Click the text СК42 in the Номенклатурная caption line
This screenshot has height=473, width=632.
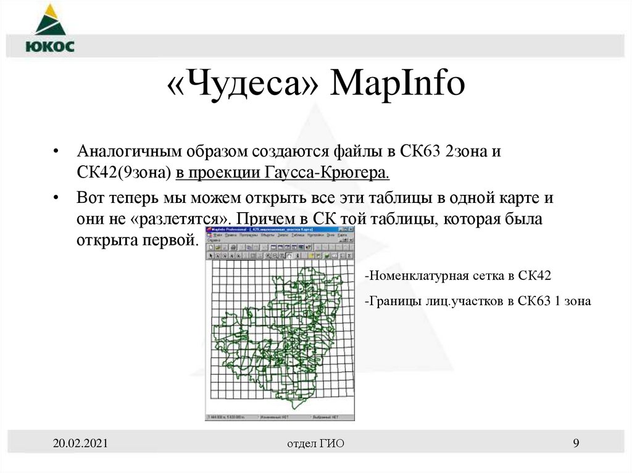click(534, 276)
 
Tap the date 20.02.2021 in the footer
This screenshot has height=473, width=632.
click(80, 443)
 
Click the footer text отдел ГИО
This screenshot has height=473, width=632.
click(315, 444)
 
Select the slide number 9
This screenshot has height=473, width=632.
click(576, 443)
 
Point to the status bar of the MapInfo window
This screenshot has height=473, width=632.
click(280, 417)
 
